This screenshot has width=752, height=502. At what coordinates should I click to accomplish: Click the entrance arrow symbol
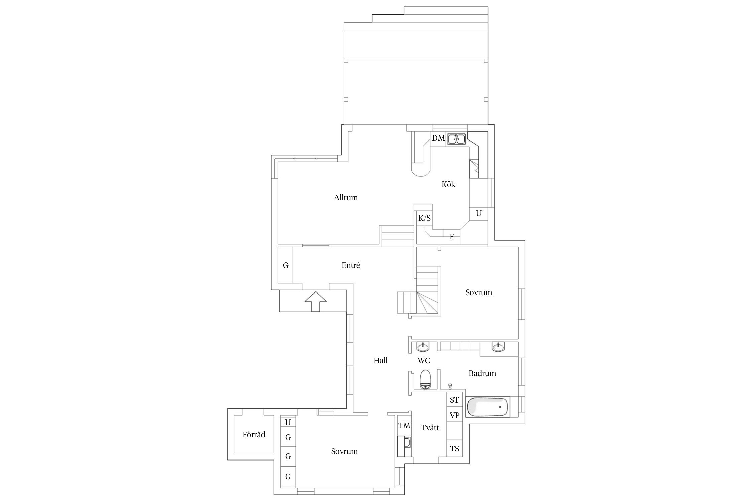click(x=316, y=302)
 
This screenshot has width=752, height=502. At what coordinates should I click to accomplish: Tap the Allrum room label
click(x=346, y=198)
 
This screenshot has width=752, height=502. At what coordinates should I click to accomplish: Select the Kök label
click(x=448, y=184)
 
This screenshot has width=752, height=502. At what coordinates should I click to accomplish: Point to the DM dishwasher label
click(x=438, y=138)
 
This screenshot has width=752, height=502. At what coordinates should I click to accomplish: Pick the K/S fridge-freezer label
click(x=424, y=218)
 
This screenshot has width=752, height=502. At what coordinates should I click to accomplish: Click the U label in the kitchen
click(x=479, y=213)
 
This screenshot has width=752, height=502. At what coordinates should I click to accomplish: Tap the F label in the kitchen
click(x=452, y=237)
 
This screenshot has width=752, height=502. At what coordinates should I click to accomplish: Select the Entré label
click(x=351, y=265)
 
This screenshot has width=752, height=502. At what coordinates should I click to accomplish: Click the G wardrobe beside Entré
click(x=286, y=265)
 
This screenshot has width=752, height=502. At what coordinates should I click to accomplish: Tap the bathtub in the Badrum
click(x=488, y=406)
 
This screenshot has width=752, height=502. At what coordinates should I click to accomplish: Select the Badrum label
click(x=482, y=373)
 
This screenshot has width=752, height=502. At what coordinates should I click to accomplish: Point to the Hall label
click(x=381, y=361)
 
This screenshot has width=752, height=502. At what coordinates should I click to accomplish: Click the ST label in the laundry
click(x=454, y=400)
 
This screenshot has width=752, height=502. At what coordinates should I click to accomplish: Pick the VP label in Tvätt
click(x=454, y=415)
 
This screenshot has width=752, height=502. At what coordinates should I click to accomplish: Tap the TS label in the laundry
click(x=454, y=449)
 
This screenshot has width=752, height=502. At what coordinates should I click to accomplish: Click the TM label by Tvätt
click(x=404, y=426)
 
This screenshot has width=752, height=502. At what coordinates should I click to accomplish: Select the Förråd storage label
click(x=254, y=435)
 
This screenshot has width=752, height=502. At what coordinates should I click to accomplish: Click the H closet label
click(x=288, y=422)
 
